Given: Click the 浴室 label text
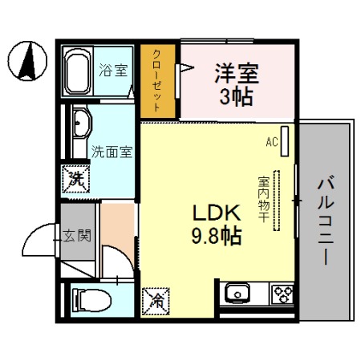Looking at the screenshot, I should click(x=112, y=70).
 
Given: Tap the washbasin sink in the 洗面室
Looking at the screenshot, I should click(x=81, y=125).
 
